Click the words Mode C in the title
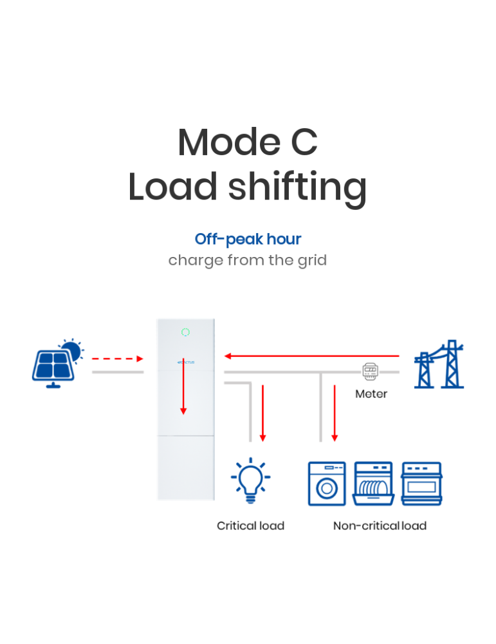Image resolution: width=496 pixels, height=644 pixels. (248, 142)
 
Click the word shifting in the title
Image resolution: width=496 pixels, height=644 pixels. (297, 187)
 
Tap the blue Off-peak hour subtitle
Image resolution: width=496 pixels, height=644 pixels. (248, 239)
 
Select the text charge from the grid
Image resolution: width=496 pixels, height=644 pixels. (248, 260)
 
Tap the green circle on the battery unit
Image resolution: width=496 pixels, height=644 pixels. (185, 332)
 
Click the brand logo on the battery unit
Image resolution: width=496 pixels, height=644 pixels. (185, 363)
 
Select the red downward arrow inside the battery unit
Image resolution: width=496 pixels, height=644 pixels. (183, 386)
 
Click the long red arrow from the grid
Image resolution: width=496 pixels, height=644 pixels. (311, 355)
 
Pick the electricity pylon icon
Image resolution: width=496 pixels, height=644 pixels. (439, 365)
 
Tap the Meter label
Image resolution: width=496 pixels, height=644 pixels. (371, 393)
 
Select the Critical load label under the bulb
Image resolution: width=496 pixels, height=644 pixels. (250, 526)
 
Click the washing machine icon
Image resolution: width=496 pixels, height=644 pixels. (327, 484)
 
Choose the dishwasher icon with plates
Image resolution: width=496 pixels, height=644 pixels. (374, 484)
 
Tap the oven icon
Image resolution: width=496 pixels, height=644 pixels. (421, 484)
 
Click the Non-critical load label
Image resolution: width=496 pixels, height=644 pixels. (380, 526)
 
